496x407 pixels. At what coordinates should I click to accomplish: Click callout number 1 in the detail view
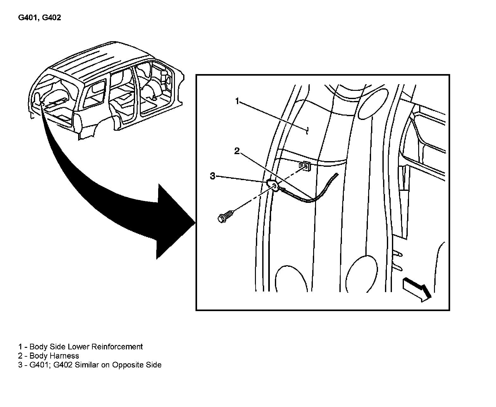tap(238, 101)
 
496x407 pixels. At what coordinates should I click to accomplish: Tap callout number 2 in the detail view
tap(237, 151)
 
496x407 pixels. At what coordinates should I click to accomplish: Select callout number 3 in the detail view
tap(213, 176)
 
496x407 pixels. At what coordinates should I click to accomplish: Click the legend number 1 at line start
tap(20, 347)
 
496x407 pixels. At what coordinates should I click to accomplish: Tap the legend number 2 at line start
tap(20, 356)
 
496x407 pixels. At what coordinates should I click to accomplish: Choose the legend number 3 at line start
tap(20, 365)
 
